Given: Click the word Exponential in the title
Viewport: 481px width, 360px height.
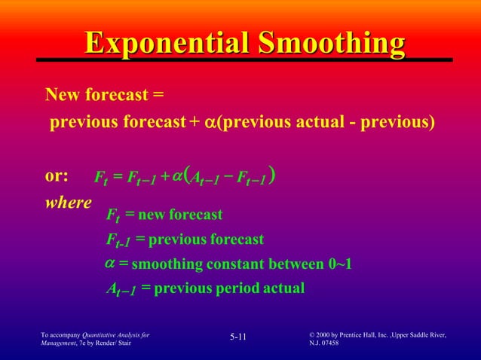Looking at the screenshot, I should pyautogui.click(x=166, y=44).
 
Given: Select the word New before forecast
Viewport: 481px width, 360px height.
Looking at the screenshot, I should pyautogui.click(x=62, y=96).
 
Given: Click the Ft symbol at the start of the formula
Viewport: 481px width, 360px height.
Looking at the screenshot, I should pyautogui.click(x=100, y=178).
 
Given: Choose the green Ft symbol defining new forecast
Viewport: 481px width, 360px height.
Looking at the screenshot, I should pyautogui.click(x=112, y=217).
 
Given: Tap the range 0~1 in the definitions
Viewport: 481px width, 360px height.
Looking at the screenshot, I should pyautogui.click(x=337, y=264).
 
